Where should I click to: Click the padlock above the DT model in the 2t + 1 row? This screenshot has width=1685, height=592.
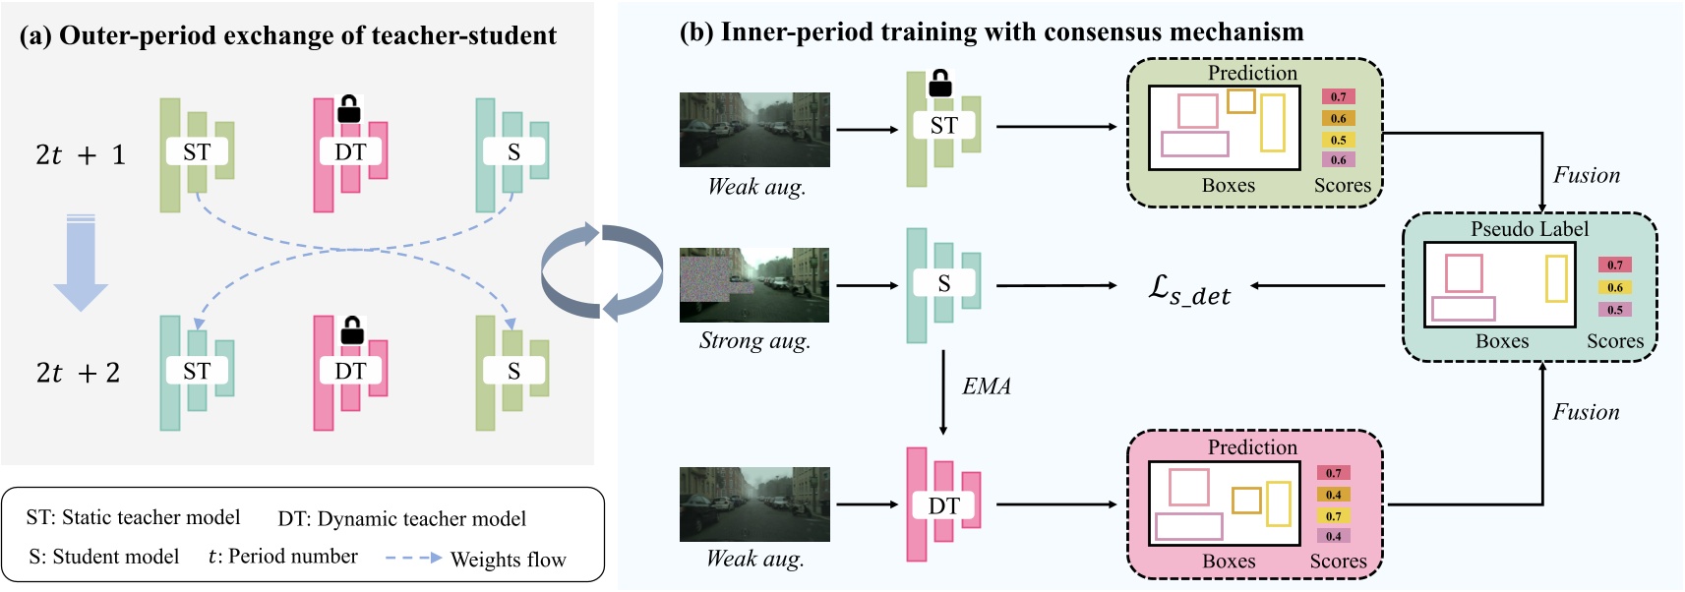(x=348, y=109)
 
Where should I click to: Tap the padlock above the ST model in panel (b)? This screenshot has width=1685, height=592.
(x=940, y=84)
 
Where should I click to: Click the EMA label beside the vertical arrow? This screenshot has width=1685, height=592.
(x=987, y=386)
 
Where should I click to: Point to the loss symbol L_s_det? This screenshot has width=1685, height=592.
(x=1189, y=290)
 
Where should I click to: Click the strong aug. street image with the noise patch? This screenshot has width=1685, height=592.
(x=754, y=285)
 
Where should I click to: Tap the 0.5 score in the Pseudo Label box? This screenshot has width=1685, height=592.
(x=1615, y=310)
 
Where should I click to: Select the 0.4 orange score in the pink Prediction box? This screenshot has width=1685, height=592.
(x=1333, y=495)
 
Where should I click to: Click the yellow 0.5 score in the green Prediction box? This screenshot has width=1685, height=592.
(x=1339, y=140)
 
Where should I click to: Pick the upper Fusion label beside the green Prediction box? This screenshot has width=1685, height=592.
(x=1586, y=175)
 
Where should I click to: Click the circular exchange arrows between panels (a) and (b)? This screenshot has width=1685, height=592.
(x=602, y=272)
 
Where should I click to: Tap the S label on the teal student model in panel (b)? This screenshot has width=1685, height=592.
(x=944, y=284)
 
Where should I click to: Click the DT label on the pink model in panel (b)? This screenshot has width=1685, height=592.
(x=943, y=505)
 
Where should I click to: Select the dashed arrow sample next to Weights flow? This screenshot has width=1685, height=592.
(x=413, y=558)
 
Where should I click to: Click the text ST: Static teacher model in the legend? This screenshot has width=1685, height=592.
(x=133, y=517)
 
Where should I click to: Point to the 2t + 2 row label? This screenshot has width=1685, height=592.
(x=78, y=373)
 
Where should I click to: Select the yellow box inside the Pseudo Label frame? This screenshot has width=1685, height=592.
(x=1556, y=278)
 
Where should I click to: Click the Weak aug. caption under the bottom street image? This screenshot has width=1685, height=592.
(x=755, y=560)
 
